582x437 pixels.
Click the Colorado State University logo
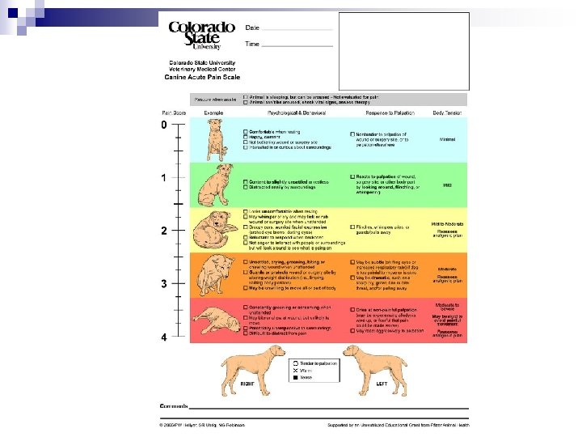tap(200, 36)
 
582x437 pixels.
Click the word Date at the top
tap(252, 28)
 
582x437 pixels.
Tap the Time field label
tap(253, 44)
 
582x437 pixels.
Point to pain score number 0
tap(164, 126)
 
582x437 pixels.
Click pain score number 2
tap(164, 231)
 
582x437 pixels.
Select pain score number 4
tap(164, 337)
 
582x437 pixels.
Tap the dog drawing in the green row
tap(215, 185)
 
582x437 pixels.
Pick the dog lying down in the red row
tap(212, 318)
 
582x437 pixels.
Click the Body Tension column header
tap(447, 112)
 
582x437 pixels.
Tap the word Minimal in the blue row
tap(447, 139)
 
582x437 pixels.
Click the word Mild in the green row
tap(447, 185)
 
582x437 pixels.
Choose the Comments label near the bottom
tap(173, 405)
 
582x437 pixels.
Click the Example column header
tap(214, 112)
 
